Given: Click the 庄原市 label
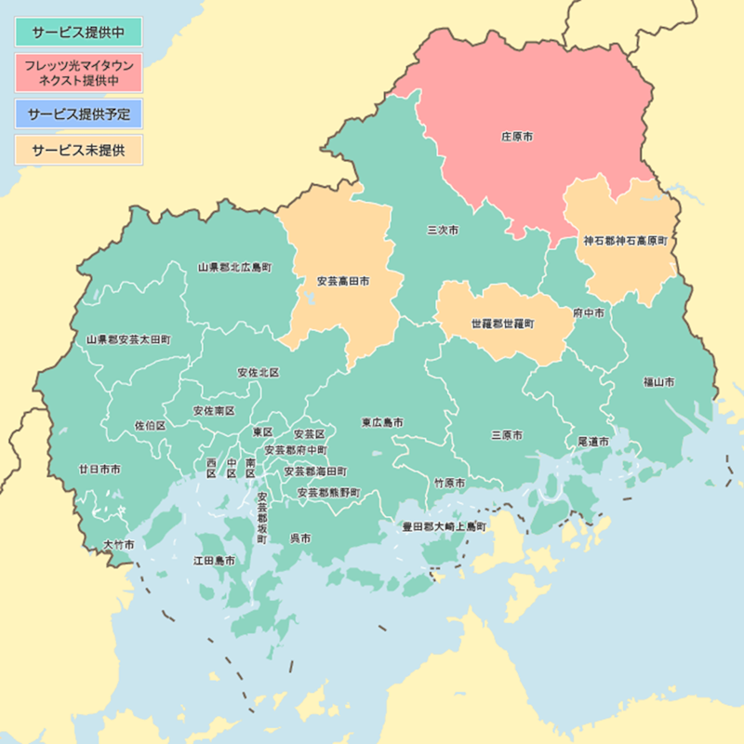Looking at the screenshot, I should click(x=517, y=136).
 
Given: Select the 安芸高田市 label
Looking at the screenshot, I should click(x=343, y=281).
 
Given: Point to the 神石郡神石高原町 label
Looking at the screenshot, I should click(x=625, y=241).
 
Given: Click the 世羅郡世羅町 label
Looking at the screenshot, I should click(x=503, y=325).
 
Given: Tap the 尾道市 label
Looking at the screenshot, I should click(x=593, y=441).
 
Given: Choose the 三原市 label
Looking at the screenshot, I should click(x=507, y=434).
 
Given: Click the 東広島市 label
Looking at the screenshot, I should click(x=382, y=422).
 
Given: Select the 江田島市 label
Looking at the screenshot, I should click(x=214, y=561).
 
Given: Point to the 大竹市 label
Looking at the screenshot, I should click(x=119, y=544).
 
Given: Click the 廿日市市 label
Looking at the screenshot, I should click(x=100, y=470).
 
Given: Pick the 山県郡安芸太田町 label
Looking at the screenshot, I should click(x=128, y=340).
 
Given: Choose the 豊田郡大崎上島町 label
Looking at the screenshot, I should click(x=444, y=526).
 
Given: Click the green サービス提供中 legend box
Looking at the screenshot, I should click(x=78, y=32).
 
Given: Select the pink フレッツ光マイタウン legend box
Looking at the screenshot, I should click(x=78, y=73).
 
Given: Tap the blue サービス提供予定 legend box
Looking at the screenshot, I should click(x=78, y=114).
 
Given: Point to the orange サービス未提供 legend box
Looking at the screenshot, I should click(x=78, y=150).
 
